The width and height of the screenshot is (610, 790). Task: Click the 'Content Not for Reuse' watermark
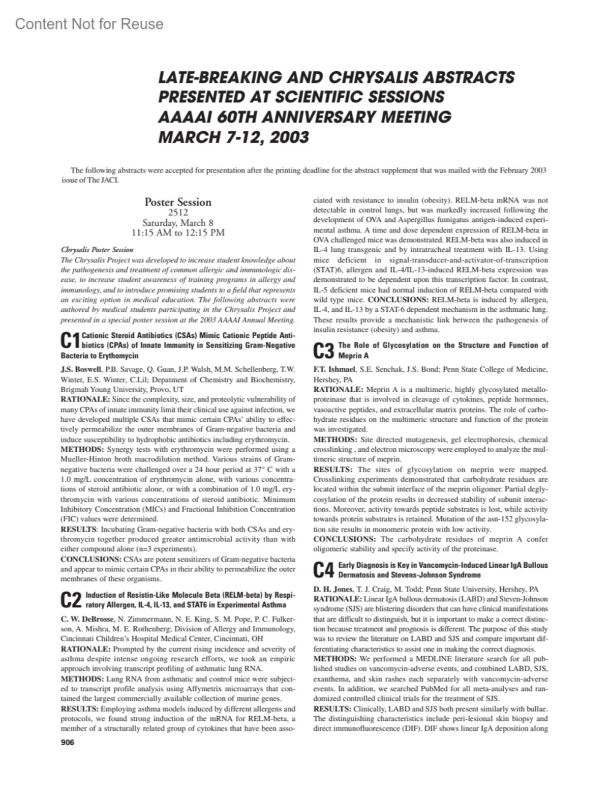tap(89, 24)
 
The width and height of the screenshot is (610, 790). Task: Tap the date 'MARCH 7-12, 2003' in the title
tap(234, 137)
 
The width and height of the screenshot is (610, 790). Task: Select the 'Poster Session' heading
tap(178, 202)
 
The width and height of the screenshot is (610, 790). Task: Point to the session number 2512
tap(178, 213)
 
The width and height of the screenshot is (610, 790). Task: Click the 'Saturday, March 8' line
tap(178, 223)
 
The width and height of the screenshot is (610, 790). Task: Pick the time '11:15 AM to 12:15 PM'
tap(178, 233)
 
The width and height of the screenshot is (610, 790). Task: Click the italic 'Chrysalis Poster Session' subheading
tap(97, 250)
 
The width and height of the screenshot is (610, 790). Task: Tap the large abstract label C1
tap(70, 341)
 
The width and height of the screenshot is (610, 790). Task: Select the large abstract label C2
tap(71, 600)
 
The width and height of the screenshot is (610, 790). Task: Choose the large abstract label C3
tap(324, 350)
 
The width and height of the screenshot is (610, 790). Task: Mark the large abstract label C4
tap(324, 570)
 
